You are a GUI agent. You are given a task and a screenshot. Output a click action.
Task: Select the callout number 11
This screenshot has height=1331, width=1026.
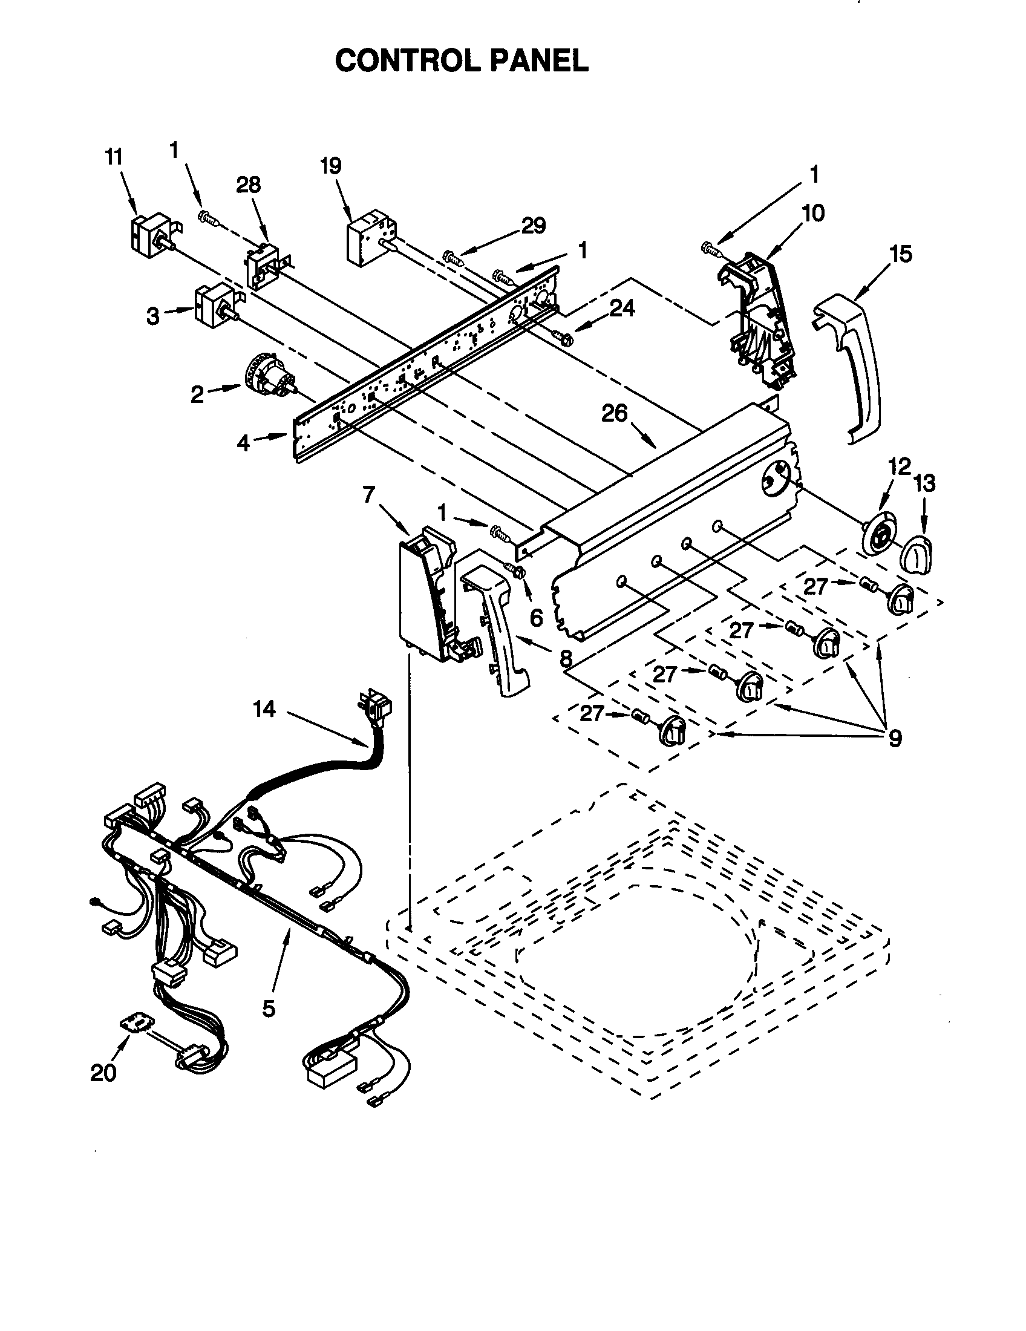pos(113,157)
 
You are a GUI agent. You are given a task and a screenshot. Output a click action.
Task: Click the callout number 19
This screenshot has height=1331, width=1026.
pos(331,166)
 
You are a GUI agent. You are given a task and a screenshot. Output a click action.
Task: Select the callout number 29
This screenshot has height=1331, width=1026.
pos(533,226)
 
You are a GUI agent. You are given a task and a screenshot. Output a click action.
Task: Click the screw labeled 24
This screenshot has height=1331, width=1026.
pos(561,336)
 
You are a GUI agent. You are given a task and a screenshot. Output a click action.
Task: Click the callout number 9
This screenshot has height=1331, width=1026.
pos(894,739)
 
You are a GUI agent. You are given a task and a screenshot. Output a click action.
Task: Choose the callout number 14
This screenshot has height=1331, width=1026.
pos(264,709)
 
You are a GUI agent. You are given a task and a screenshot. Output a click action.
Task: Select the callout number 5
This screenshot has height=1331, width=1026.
pos(269,1009)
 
